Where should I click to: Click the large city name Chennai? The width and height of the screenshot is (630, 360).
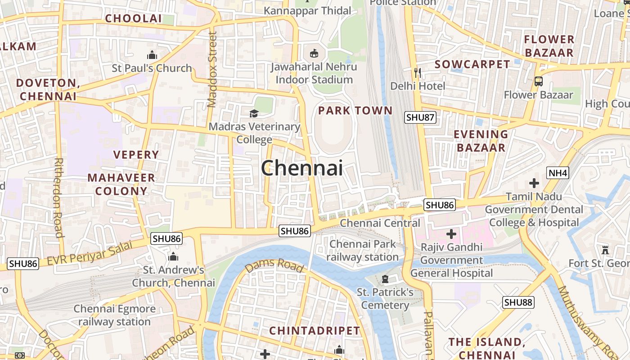pyautogui.click(x=302, y=169)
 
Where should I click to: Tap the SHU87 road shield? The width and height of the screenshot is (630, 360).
pyautogui.click(x=420, y=117)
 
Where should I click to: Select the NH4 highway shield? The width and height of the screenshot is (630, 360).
pyautogui.click(x=558, y=173)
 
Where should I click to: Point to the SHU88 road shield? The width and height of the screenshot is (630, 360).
pyautogui.click(x=518, y=302)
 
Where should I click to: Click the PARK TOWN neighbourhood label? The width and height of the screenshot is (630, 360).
pyautogui.click(x=355, y=111)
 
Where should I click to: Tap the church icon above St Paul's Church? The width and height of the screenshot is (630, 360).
pyautogui.click(x=152, y=55)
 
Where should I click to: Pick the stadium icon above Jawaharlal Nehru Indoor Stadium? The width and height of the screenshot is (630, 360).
pyautogui.click(x=314, y=54)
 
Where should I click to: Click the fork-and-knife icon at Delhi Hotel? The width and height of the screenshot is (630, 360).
pyautogui.click(x=418, y=72)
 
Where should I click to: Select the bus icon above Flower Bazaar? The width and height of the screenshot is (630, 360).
pyautogui.click(x=538, y=81)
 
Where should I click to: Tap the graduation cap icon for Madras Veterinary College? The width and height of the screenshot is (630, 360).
pyautogui.click(x=254, y=113)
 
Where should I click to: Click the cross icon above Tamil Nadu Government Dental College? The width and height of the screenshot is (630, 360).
pyautogui.click(x=534, y=183)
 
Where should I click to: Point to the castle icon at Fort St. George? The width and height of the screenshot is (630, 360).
pyautogui.click(x=605, y=250)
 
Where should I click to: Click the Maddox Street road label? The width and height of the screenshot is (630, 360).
pyautogui.click(x=212, y=69)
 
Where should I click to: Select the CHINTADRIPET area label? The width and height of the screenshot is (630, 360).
pyautogui.click(x=315, y=331)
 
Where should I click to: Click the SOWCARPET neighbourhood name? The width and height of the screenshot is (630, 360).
pyautogui.click(x=472, y=64)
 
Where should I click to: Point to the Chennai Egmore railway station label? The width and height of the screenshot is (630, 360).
pyautogui.click(x=114, y=315)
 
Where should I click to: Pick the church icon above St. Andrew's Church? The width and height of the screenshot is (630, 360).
pyautogui.click(x=173, y=257)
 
